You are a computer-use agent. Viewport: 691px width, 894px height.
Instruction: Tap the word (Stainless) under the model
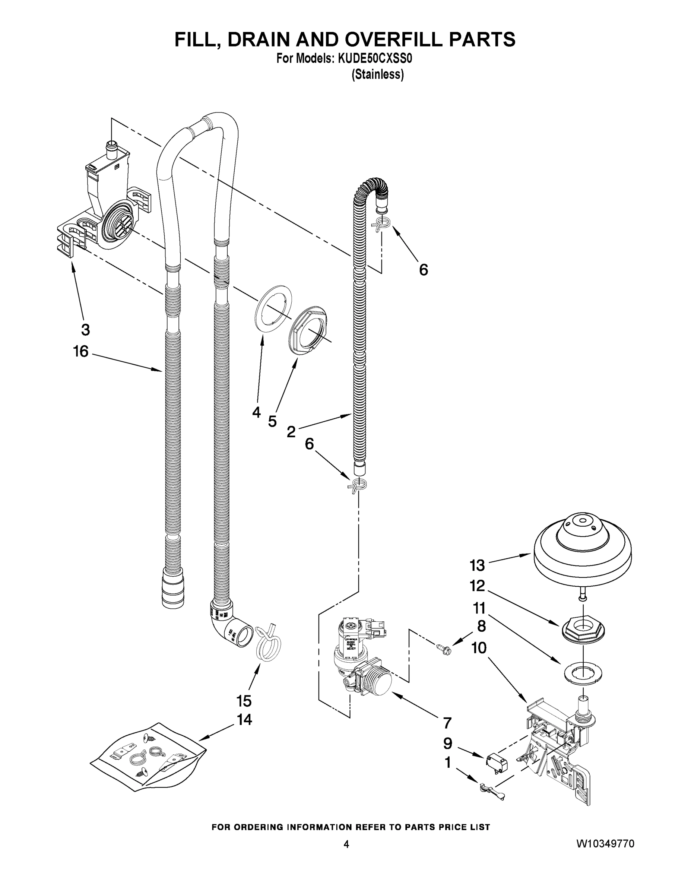tap(377, 74)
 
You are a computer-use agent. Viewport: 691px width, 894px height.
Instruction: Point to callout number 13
tap(477, 566)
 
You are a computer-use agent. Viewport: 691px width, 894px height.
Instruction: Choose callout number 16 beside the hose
tap(80, 352)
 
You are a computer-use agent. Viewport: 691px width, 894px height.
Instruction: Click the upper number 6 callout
tap(423, 270)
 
